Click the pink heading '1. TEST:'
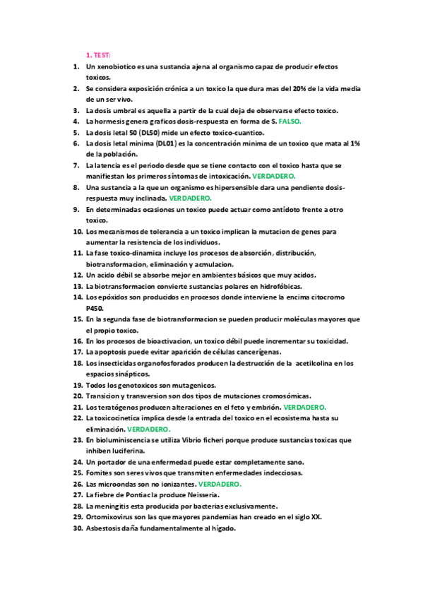(98, 54)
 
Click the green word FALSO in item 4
(290, 121)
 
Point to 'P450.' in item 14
(95, 308)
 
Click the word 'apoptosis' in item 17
(111, 352)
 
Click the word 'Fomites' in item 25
(100, 473)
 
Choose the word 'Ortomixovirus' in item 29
(111, 516)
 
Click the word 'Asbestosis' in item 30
(105, 528)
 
